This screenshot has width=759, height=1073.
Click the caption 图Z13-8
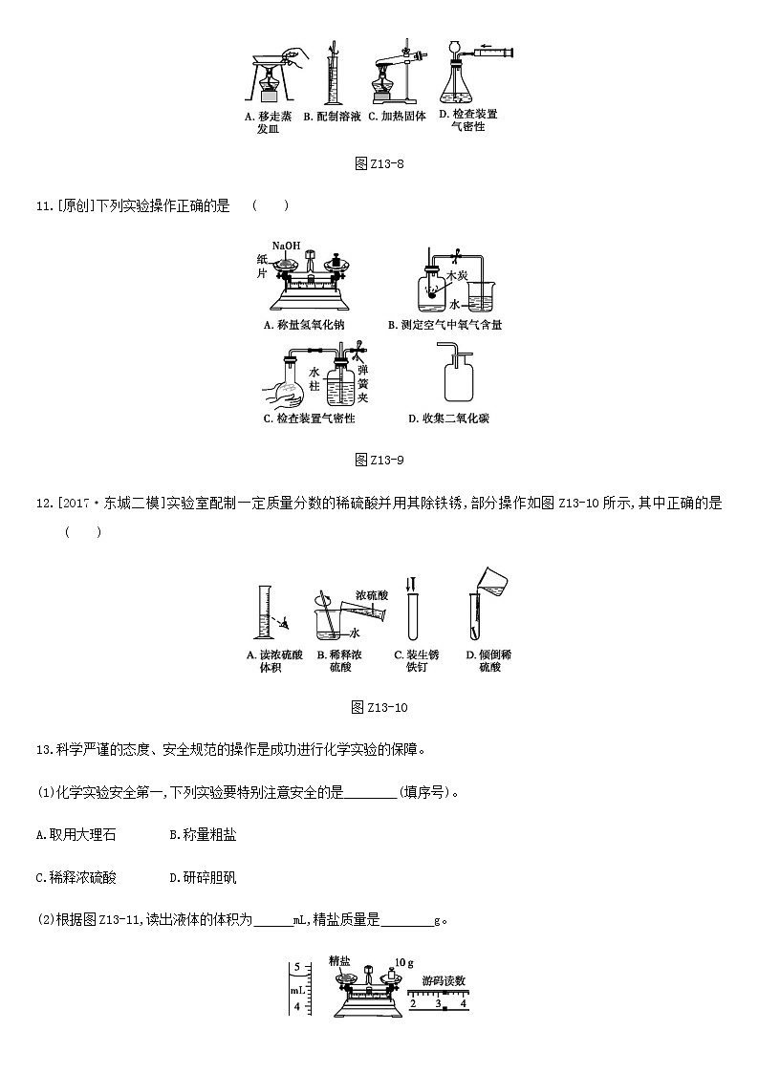pyautogui.click(x=379, y=163)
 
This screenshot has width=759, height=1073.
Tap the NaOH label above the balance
pyautogui.click(x=286, y=246)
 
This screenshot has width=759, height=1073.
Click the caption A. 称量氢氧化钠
pyautogui.click(x=303, y=325)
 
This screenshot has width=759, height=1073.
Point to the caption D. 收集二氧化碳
pyautogui.click(x=448, y=418)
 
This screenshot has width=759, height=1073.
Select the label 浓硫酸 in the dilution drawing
pyautogui.click(x=371, y=594)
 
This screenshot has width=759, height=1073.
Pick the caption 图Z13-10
pyautogui.click(x=379, y=707)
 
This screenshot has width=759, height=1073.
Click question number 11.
pyautogui.click(x=42, y=205)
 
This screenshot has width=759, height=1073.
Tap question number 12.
pyautogui.click(x=42, y=504)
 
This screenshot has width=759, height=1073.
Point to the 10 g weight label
pyautogui.click(x=402, y=962)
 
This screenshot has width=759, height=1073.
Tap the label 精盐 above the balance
pyautogui.click(x=339, y=960)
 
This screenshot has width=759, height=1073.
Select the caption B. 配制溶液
pyautogui.click(x=332, y=117)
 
